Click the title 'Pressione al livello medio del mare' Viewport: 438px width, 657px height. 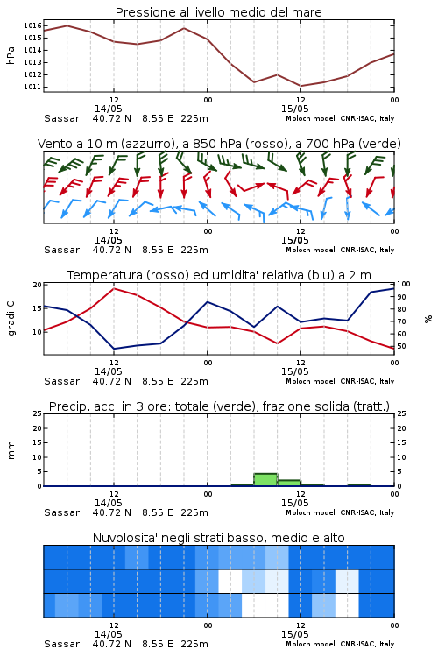[x=218, y=12]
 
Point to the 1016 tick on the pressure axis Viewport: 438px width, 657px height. [x=32, y=25]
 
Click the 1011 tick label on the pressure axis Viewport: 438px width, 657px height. [x=32, y=87]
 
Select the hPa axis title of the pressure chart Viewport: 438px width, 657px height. [x=11, y=56]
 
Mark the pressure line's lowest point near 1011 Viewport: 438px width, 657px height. [x=300, y=86]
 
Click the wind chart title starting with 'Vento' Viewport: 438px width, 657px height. [x=219, y=144]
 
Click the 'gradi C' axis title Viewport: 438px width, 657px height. [x=11, y=318]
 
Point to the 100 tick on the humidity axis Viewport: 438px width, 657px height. [x=403, y=284]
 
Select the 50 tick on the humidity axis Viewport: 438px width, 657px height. [x=401, y=346]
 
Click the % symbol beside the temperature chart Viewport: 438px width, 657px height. [x=428, y=319]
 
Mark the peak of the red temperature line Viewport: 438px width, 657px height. [x=114, y=288]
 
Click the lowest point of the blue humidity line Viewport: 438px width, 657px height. [x=114, y=349]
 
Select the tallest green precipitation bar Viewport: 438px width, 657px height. [x=265, y=480]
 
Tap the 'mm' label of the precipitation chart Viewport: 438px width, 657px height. [x=11, y=450]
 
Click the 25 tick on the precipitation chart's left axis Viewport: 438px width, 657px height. [x=38, y=413]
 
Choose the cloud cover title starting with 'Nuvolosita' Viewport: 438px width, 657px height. [x=218, y=538]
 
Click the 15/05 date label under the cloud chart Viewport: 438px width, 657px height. [x=294, y=634]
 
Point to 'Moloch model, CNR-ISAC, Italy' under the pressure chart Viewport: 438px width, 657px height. [x=340, y=118]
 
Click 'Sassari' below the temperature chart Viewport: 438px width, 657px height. [x=63, y=381]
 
